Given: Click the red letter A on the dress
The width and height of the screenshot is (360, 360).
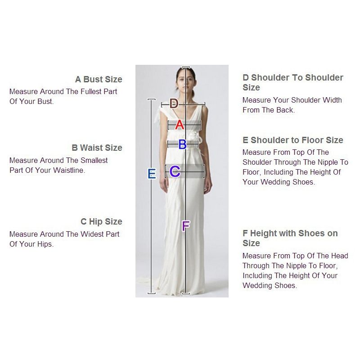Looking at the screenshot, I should point(180,125).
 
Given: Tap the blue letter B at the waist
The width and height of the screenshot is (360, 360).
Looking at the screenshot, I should point(182,144).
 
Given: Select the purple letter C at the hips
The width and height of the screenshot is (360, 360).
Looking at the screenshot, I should point(175,171).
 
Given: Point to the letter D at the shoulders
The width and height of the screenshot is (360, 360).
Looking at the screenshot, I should point(174,104).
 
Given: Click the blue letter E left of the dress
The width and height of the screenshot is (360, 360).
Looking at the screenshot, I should point(152,174).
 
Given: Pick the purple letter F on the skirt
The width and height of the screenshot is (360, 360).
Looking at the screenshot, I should point(185,226).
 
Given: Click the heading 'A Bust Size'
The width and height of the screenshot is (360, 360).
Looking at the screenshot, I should point(99,80).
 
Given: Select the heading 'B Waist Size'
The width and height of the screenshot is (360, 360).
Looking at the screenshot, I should point(97,148).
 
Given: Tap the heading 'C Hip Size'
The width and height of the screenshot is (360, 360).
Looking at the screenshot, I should point(101,222).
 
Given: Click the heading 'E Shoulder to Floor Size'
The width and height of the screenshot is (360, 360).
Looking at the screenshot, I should point(292,140).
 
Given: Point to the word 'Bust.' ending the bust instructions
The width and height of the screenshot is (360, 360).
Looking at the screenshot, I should point(45,102).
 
